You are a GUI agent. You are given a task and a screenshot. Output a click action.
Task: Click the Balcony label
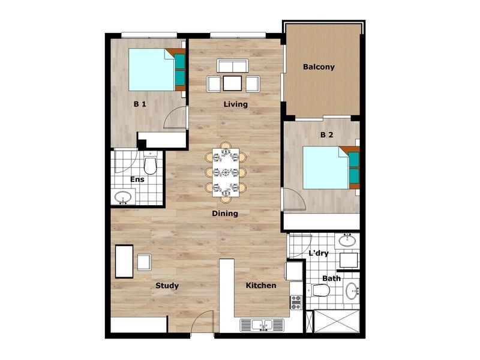point(319,67)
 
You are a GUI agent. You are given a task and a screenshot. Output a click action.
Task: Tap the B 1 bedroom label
point(140,104)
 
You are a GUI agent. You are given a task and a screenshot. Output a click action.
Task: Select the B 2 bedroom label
point(326,135)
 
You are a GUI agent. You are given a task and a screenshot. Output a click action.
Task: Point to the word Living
point(236,104)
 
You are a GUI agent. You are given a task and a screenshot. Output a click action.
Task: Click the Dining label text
point(225,214)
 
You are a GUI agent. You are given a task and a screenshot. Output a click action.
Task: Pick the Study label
point(167,286)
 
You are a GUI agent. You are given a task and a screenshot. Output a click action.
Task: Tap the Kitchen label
point(261,286)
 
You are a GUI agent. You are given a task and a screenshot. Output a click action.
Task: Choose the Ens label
point(137,179)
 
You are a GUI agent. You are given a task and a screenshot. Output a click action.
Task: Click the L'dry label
point(318,253)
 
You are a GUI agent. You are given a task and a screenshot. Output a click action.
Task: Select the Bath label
point(331,278)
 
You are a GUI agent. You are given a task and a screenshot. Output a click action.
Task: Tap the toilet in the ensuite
point(150,164)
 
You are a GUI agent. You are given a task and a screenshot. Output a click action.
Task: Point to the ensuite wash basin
point(124,197)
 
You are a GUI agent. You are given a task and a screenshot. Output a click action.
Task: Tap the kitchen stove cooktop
point(296,302)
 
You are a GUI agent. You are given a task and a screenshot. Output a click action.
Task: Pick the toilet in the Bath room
point(321,291)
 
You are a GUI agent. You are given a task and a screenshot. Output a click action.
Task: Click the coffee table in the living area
point(232,83)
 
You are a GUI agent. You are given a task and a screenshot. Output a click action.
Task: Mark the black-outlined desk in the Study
point(124,261)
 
